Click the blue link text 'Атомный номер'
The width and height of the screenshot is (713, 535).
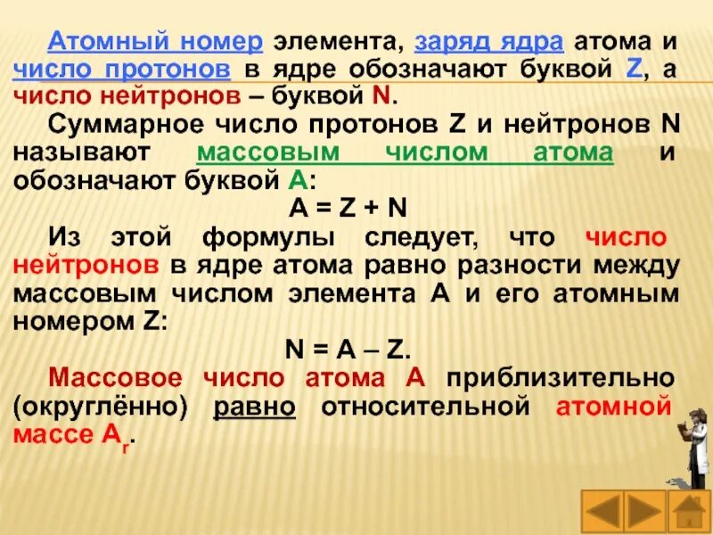point(156,41)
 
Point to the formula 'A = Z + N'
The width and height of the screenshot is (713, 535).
point(349,206)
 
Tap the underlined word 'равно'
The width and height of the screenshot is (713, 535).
point(254,407)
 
